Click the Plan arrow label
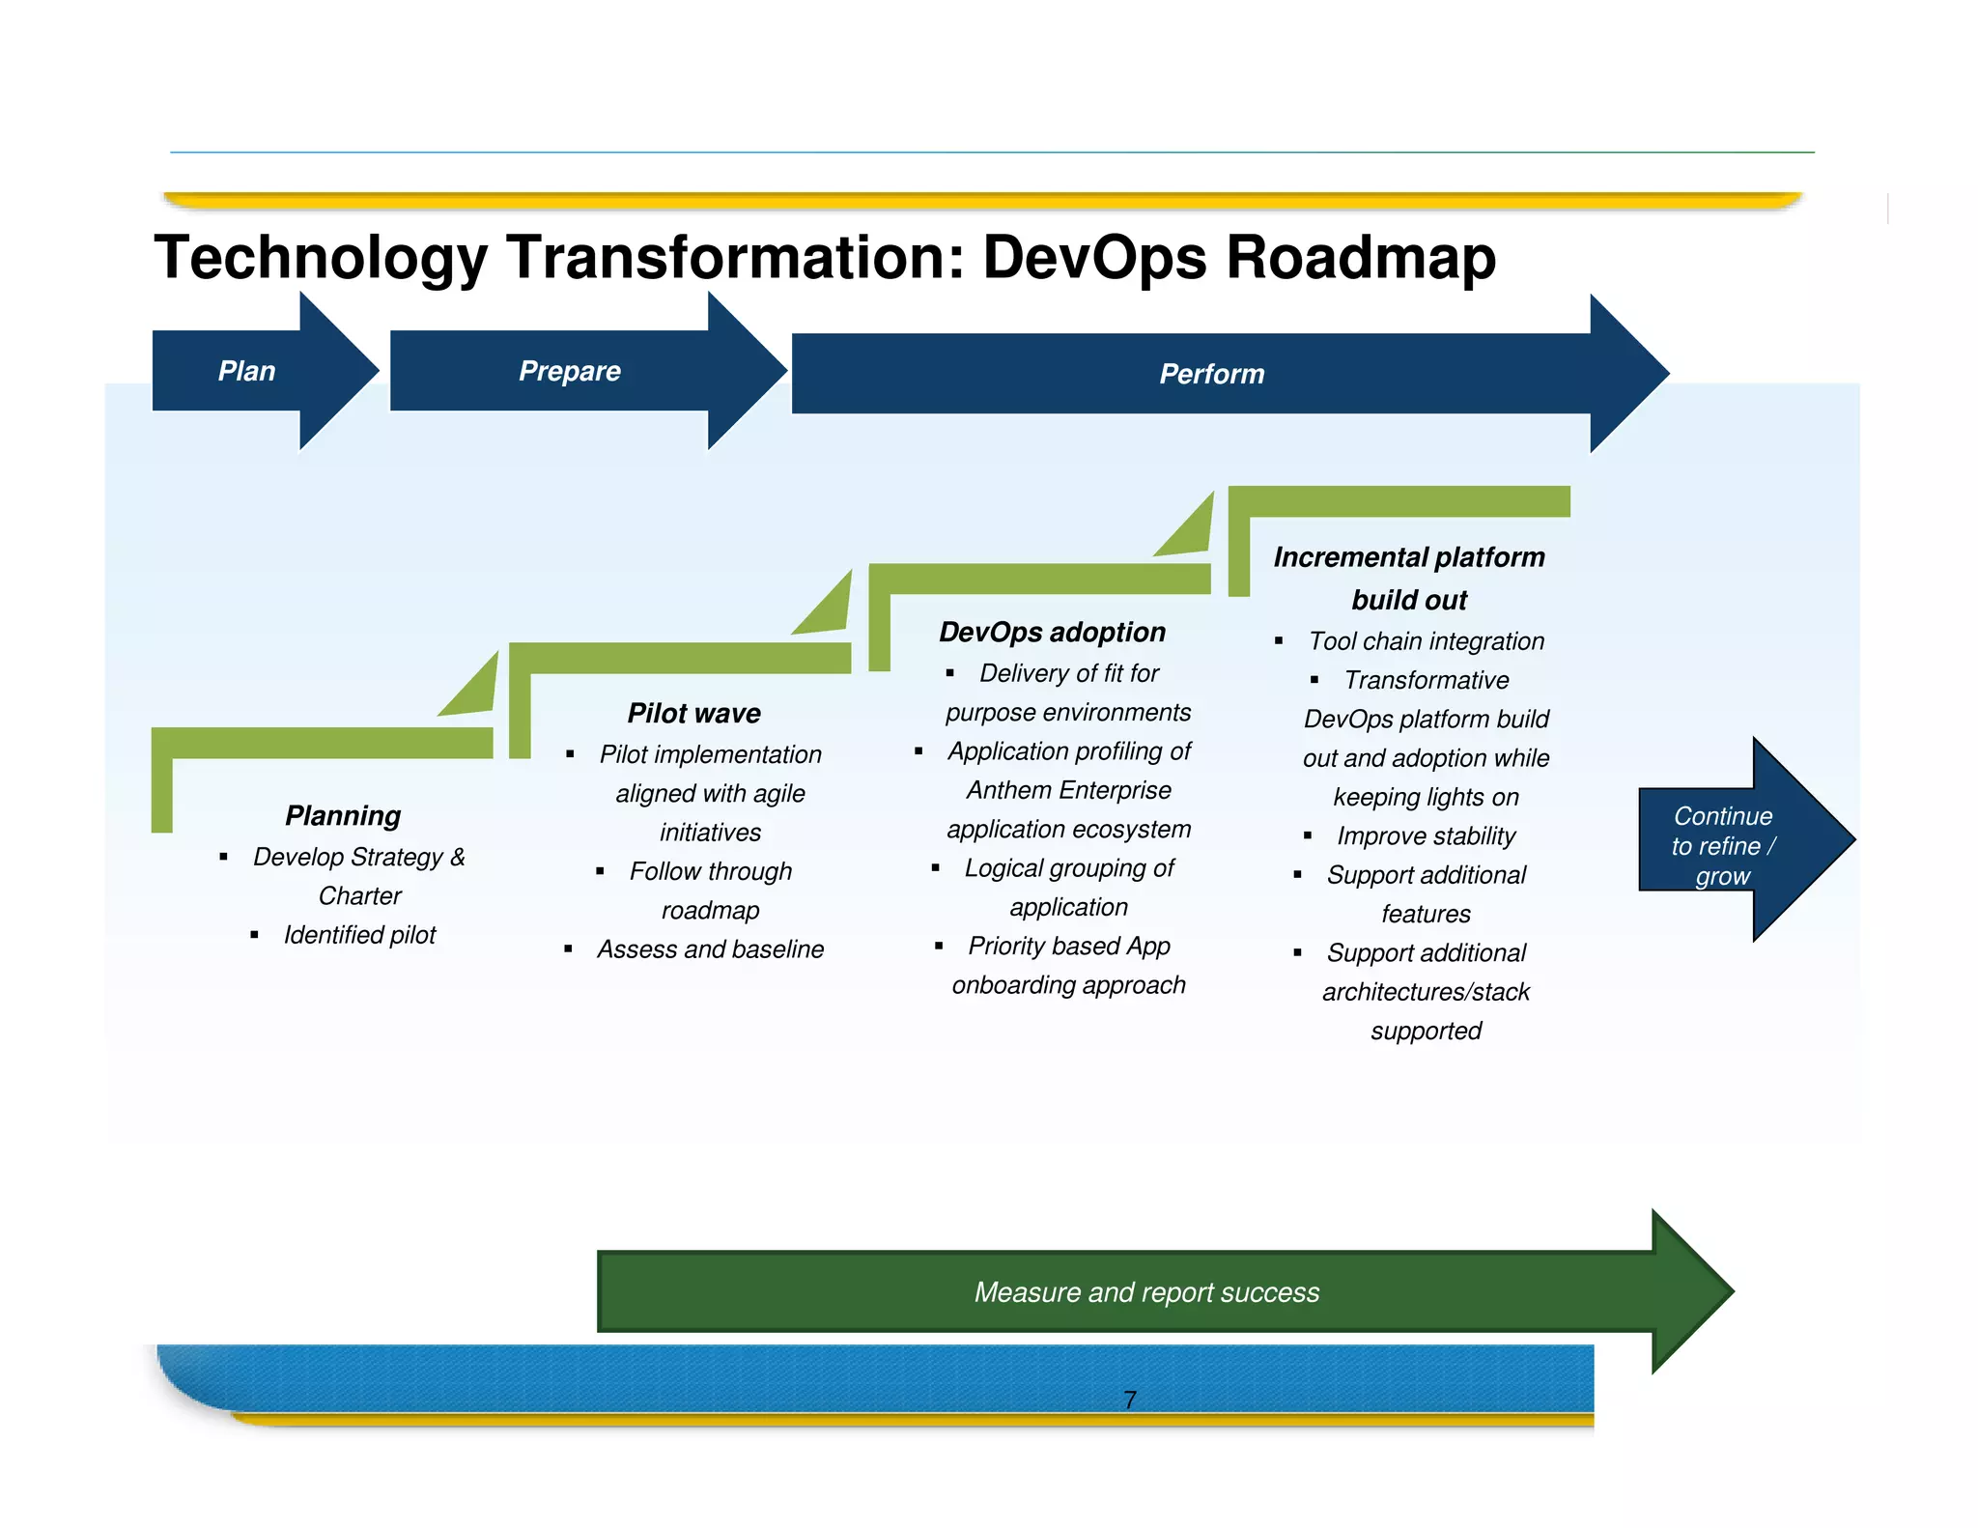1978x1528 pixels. [x=246, y=371]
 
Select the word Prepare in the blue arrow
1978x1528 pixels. [x=570, y=371]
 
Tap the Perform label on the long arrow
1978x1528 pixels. [x=1211, y=374]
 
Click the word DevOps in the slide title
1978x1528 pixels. [x=1094, y=258]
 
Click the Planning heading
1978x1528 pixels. [x=343, y=815]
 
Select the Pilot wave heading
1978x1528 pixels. [x=693, y=713]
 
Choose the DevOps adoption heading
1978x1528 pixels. [x=1052, y=632]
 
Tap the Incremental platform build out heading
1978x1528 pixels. [x=1409, y=578]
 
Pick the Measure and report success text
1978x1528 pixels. [x=1146, y=1292]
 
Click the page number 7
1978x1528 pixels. [x=1130, y=1400]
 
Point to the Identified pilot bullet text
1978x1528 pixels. [x=359, y=935]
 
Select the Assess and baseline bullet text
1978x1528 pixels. [x=710, y=949]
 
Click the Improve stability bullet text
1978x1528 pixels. [x=1426, y=835]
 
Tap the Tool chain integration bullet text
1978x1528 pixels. [x=1426, y=641]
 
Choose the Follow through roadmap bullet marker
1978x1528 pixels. [x=600, y=871]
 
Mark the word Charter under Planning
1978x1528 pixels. [x=359, y=896]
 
